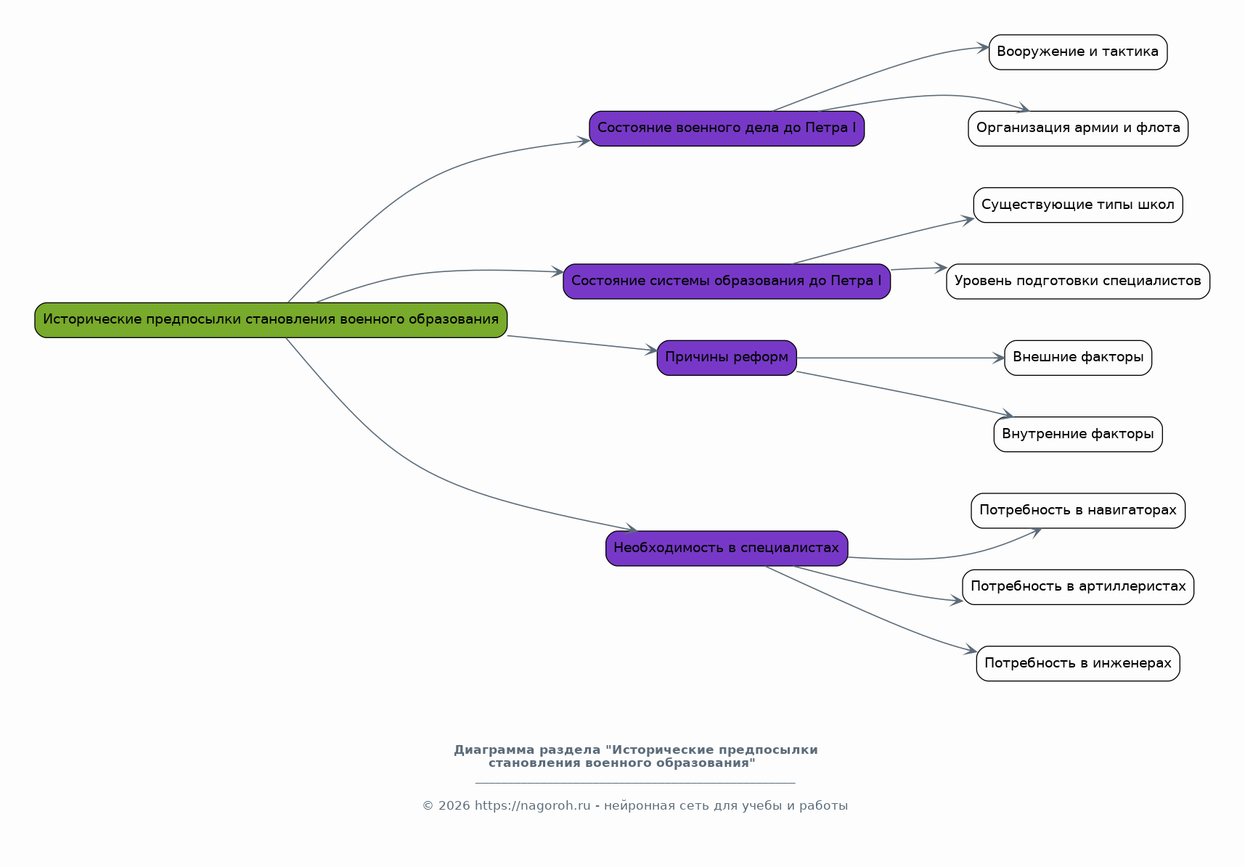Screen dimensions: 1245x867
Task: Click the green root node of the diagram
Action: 271,320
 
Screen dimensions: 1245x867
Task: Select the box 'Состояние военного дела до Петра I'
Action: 727,128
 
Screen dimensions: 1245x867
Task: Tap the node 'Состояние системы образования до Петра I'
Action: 727,282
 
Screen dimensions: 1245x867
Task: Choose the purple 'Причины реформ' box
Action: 727,358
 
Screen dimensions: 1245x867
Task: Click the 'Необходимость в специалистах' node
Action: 727,548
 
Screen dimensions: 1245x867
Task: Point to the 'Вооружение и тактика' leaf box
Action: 1078,52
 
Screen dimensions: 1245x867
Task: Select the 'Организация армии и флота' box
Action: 1078,128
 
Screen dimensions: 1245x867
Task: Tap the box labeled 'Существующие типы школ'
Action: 1078,205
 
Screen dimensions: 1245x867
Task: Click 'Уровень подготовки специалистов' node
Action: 1078,282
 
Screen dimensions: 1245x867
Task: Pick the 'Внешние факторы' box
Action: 1078,358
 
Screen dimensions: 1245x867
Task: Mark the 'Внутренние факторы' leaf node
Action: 1078,435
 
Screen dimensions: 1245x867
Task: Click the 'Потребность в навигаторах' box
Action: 1078,511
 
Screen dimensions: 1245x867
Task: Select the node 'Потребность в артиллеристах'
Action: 1078,587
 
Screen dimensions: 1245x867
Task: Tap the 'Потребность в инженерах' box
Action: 1078,664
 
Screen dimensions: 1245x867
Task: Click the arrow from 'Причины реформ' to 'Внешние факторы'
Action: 901,358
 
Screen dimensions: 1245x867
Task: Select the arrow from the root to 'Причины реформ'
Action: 582,343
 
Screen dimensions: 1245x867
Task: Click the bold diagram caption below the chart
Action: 635,756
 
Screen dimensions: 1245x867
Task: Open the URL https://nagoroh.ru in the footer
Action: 533,806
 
